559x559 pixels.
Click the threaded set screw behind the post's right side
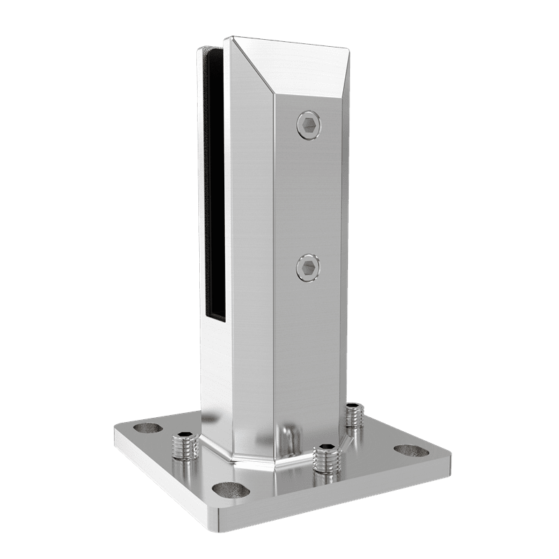(x=354, y=416)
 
